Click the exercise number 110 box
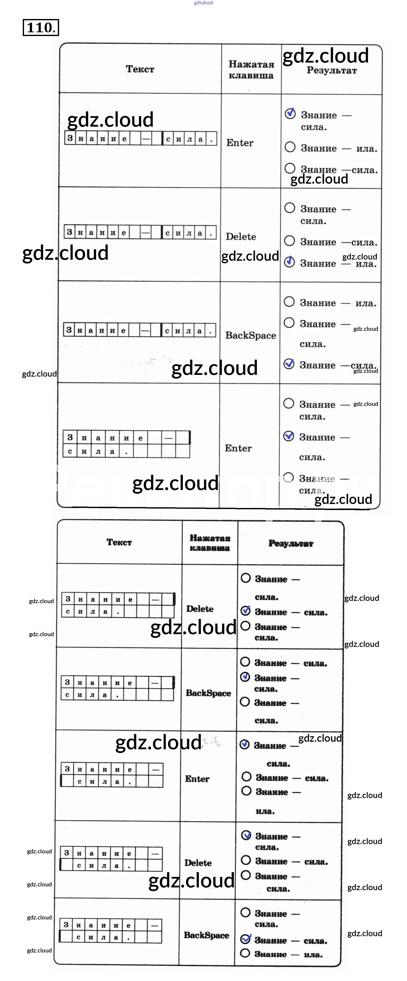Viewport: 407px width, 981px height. point(41,28)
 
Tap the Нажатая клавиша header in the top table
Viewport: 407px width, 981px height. point(251,70)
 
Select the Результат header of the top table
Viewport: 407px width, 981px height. point(332,71)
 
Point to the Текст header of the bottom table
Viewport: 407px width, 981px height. point(119,542)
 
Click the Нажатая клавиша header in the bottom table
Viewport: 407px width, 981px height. point(210,543)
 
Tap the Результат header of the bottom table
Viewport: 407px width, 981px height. point(291,544)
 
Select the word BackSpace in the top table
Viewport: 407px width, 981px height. point(251,336)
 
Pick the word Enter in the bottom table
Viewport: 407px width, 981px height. point(197,779)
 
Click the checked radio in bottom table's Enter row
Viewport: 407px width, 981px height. point(245,745)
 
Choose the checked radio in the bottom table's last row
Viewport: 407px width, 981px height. point(246,939)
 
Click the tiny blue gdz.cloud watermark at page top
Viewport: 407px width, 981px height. point(203,3)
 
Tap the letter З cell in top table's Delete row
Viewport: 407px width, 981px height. point(69,232)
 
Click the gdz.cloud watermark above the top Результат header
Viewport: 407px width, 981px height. point(325,56)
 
